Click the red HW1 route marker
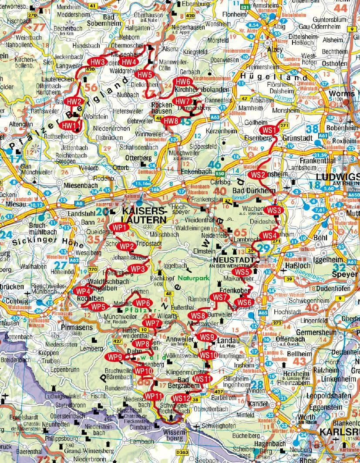pos(70,126)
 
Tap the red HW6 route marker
pos(183,81)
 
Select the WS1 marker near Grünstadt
pos(271,130)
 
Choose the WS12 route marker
pos(181,398)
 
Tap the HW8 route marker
pos(171,121)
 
